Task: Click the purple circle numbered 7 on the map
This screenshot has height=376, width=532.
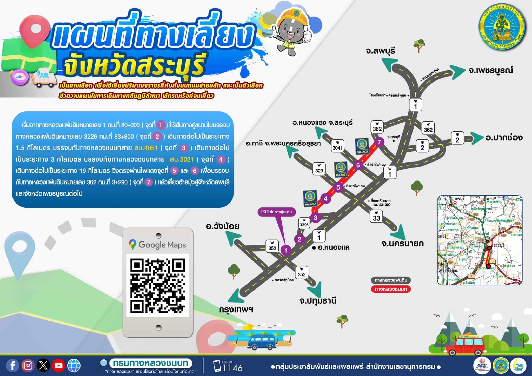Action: (379, 142)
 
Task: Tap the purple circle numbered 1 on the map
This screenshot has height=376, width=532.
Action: (286, 250)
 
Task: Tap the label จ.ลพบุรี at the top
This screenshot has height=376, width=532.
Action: (380, 51)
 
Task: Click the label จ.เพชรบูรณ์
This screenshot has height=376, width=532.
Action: (491, 70)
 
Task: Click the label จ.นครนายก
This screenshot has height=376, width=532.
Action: (402, 243)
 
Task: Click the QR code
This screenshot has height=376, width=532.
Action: (158, 286)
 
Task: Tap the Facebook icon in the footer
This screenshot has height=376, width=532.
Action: (12, 366)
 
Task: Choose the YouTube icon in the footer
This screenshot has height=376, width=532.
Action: (58, 366)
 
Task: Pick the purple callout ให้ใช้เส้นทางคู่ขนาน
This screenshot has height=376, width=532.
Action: (276, 212)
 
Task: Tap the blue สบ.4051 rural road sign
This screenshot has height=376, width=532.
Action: (310, 199)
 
